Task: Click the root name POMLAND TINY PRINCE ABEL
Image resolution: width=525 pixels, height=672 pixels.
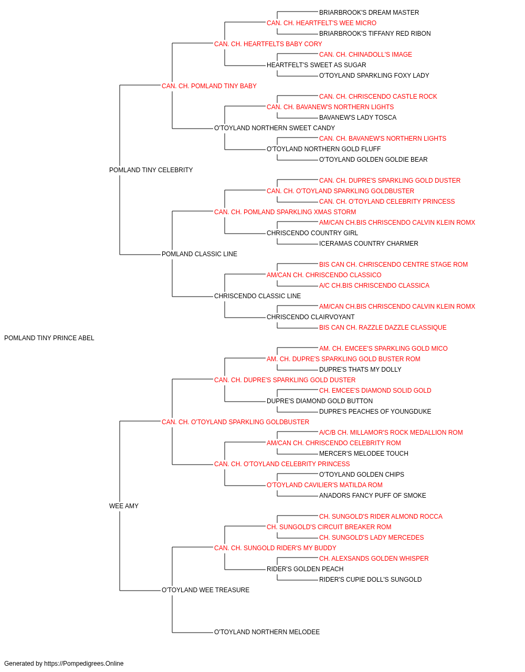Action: click(49, 338)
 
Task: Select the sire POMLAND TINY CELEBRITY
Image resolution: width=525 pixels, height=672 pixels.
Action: click(151, 170)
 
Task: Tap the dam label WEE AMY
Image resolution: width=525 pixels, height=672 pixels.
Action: click(124, 506)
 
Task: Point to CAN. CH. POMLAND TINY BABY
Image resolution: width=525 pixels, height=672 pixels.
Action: click(209, 86)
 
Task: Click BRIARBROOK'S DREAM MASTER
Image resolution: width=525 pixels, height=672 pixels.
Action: click(369, 13)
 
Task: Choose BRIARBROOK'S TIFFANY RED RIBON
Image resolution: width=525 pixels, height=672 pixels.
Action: click(375, 34)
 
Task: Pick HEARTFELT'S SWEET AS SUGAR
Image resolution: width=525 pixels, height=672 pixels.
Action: click(316, 65)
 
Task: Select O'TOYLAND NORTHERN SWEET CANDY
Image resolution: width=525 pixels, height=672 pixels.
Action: click(275, 128)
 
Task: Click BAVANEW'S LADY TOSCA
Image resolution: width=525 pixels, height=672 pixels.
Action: click(358, 118)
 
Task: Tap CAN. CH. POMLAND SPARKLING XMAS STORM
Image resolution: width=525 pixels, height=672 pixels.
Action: click(285, 212)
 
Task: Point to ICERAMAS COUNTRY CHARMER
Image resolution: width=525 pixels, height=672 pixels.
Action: click(369, 244)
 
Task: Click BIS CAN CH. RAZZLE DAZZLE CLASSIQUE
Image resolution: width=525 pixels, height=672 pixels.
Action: click(383, 328)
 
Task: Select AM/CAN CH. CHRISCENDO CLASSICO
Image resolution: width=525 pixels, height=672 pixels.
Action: click(324, 275)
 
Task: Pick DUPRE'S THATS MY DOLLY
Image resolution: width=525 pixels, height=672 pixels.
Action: click(360, 370)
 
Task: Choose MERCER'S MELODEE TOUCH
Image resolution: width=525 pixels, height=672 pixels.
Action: click(364, 454)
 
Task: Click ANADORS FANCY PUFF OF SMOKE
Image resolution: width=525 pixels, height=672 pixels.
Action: click(373, 496)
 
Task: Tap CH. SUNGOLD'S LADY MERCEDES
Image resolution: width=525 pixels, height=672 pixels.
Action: click(371, 538)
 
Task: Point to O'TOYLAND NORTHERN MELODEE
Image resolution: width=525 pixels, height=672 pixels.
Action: click(267, 632)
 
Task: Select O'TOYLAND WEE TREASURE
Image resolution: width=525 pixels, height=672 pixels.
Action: click(206, 590)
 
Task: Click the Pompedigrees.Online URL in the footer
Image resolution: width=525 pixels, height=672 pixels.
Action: click(84, 664)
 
